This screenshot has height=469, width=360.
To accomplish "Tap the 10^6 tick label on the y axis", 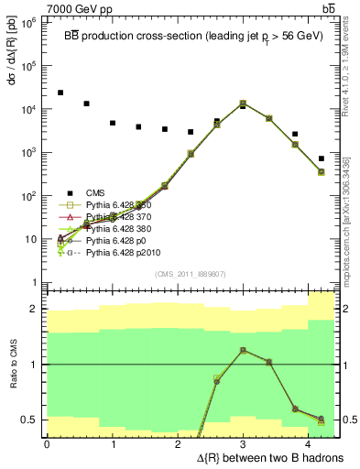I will point(28,23).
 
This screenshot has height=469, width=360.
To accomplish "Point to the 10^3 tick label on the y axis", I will point(28,152).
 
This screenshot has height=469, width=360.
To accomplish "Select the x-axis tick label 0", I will point(47,443).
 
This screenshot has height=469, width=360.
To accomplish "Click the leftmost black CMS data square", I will point(60,93).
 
